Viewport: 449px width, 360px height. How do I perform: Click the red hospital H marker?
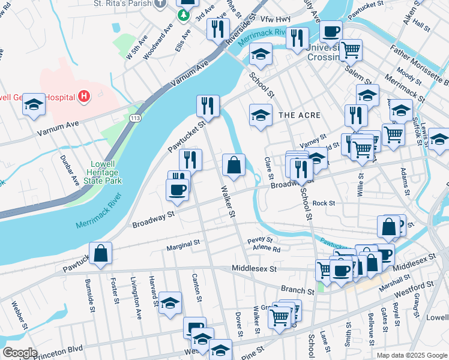(83, 96)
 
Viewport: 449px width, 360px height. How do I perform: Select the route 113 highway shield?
(130, 119)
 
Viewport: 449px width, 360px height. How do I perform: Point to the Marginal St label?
(184, 244)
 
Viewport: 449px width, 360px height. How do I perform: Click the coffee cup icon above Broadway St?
(177, 189)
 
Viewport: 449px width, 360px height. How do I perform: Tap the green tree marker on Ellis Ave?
(187, 15)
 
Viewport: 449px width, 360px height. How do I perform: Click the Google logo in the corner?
(20, 353)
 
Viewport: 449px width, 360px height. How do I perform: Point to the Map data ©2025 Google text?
(411, 355)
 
